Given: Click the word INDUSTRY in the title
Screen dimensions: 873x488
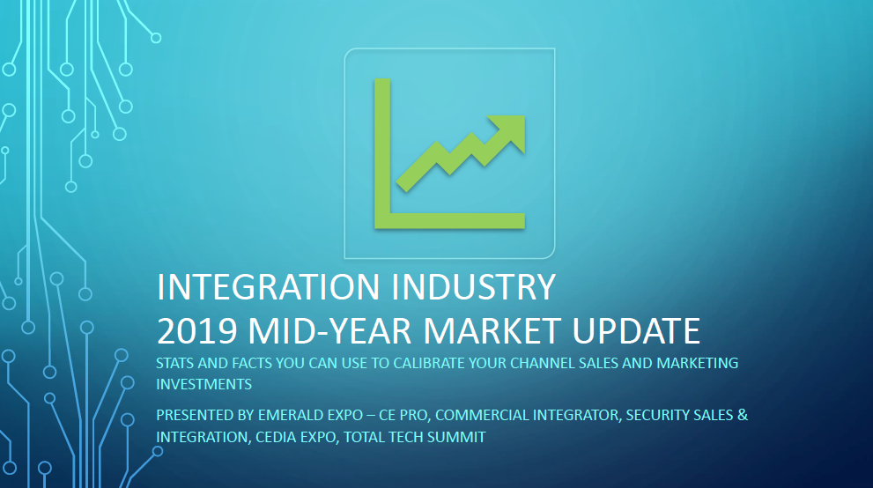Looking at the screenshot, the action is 473,287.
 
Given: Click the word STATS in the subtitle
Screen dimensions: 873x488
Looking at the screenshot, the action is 174,363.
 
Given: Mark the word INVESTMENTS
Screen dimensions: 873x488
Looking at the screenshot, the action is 203,385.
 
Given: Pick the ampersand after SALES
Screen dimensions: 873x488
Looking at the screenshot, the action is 743,415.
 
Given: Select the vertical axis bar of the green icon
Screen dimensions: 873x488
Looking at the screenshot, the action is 382,153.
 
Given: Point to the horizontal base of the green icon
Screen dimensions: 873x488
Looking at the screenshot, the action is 449,221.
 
